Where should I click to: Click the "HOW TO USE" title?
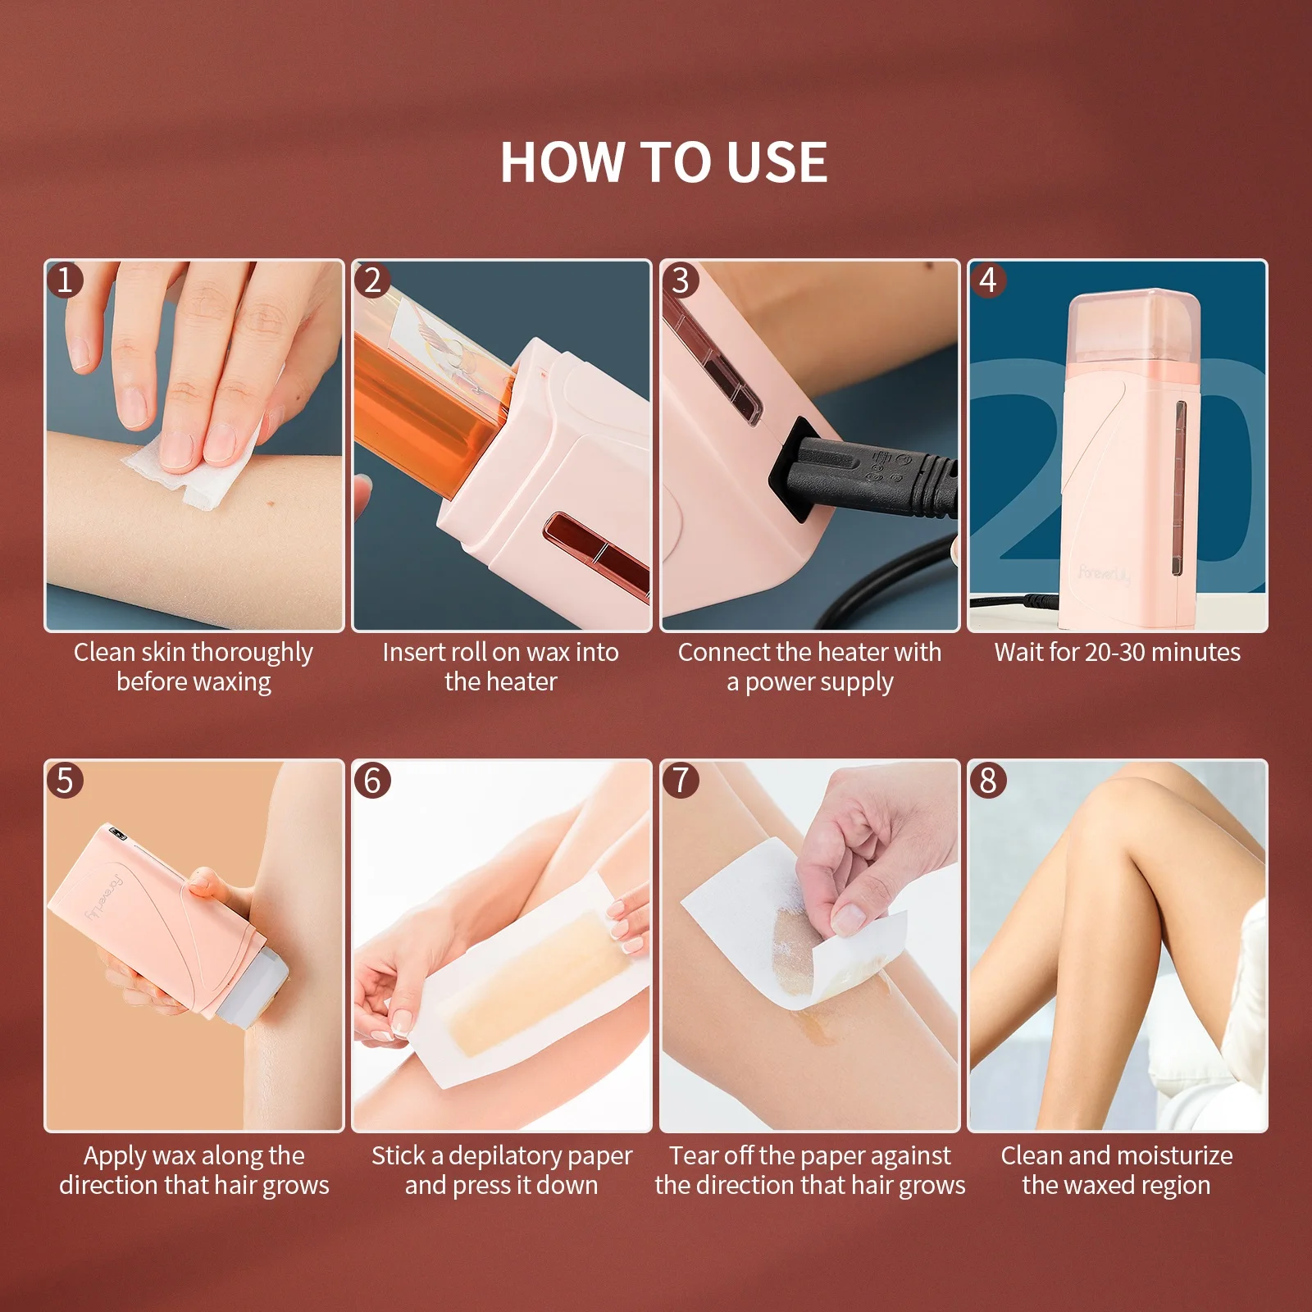click(x=663, y=162)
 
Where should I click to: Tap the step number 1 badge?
click(x=65, y=280)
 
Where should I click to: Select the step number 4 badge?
click(x=988, y=280)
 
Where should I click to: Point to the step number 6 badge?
click(x=372, y=780)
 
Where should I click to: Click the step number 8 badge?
click(x=988, y=780)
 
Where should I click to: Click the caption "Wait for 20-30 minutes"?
click(x=1117, y=652)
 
